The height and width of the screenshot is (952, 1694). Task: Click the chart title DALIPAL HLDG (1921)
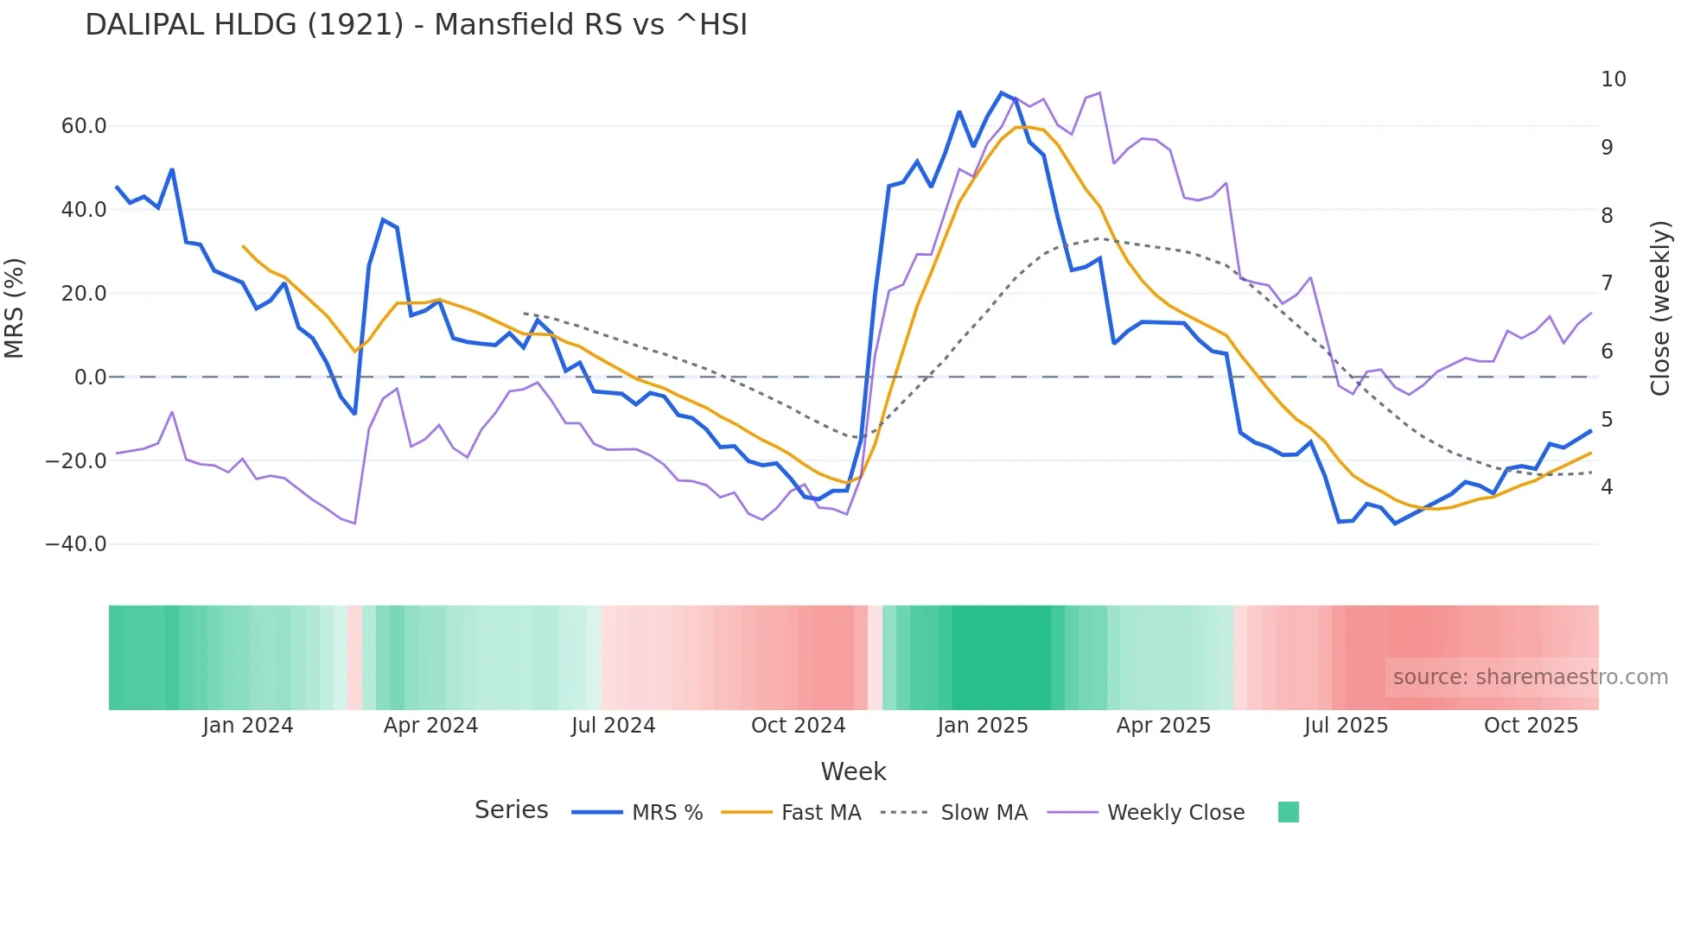click(416, 25)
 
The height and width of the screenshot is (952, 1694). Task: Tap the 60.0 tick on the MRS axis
click(84, 126)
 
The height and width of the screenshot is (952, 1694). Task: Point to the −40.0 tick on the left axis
click(76, 544)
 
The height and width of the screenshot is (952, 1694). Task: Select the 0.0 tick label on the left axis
click(90, 378)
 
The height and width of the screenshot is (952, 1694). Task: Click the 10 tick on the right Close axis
click(1613, 79)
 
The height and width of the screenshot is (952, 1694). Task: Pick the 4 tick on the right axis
click(1607, 487)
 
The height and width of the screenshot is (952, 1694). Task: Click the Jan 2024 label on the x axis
click(248, 726)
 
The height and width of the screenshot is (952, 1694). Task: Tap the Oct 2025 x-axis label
click(1531, 726)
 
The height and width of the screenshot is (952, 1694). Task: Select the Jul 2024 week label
click(613, 726)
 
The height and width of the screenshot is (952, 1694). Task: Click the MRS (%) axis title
click(15, 308)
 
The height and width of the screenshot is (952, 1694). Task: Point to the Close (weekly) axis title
click(1659, 308)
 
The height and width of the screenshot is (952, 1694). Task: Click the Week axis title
click(853, 771)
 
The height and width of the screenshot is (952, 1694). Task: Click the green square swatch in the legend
click(1288, 812)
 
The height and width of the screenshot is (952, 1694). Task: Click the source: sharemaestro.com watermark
click(1530, 677)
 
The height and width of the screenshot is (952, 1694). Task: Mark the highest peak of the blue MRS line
click(1002, 93)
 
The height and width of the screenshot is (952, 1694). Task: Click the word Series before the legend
click(511, 810)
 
